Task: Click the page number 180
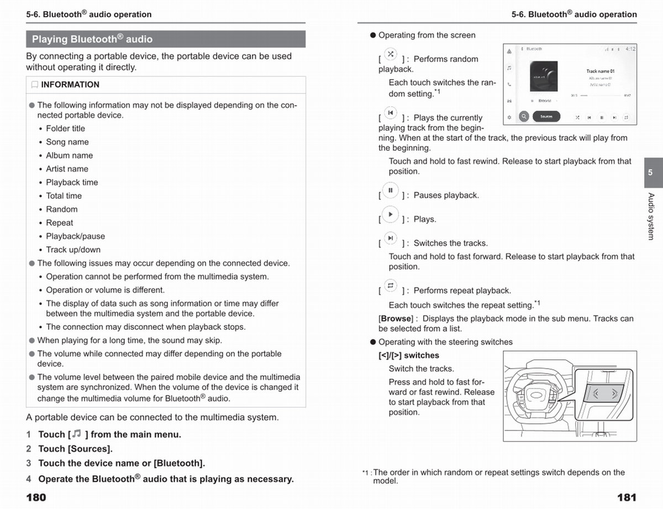pyautogui.click(x=36, y=497)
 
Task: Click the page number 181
pyautogui.click(x=627, y=497)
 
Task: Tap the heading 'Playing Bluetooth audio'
pyautogui.click(x=92, y=39)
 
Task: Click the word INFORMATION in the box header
pyautogui.click(x=70, y=85)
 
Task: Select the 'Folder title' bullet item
pyautogui.click(x=65, y=128)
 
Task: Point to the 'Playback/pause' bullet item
pyautogui.click(x=75, y=236)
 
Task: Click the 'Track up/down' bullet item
pyautogui.click(x=73, y=249)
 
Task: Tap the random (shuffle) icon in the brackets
pyautogui.click(x=391, y=54)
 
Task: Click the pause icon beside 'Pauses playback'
pyautogui.click(x=391, y=191)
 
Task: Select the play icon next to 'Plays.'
pyautogui.click(x=391, y=214)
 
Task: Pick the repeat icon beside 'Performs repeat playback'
pyautogui.click(x=391, y=286)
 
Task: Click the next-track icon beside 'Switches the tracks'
pyautogui.click(x=391, y=238)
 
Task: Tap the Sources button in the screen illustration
pyautogui.click(x=546, y=117)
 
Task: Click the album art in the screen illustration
pyautogui.click(x=546, y=77)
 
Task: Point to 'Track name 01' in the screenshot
pyautogui.click(x=600, y=71)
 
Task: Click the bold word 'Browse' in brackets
pyautogui.click(x=396, y=318)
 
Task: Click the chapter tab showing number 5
pyautogui.click(x=650, y=172)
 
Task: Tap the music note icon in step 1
pyautogui.click(x=77, y=434)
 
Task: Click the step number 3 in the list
pyautogui.click(x=29, y=463)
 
